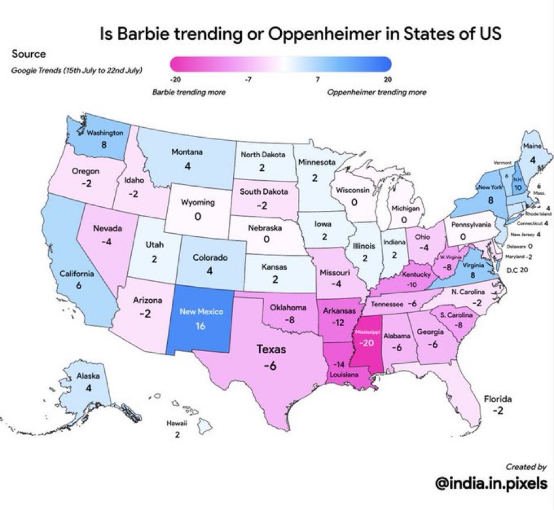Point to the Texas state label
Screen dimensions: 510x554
pyautogui.click(x=271, y=350)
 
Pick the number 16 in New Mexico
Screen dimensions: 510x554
pyautogui.click(x=200, y=326)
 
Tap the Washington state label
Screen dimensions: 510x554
pyautogui.click(x=105, y=133)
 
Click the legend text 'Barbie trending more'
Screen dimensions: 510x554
pyautogui.click(x=189, y=92)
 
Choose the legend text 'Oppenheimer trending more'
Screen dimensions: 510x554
pyautogui.click(x=376, y=92)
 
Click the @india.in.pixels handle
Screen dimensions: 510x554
pyautogui.click(x=491, y=483)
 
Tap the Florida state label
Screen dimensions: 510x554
pyautogui.click(x=498, y=398)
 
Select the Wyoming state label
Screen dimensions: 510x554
pyautogui.click(x=198, y=203)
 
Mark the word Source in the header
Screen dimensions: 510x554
pyautogui.click(x=29, y=54)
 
